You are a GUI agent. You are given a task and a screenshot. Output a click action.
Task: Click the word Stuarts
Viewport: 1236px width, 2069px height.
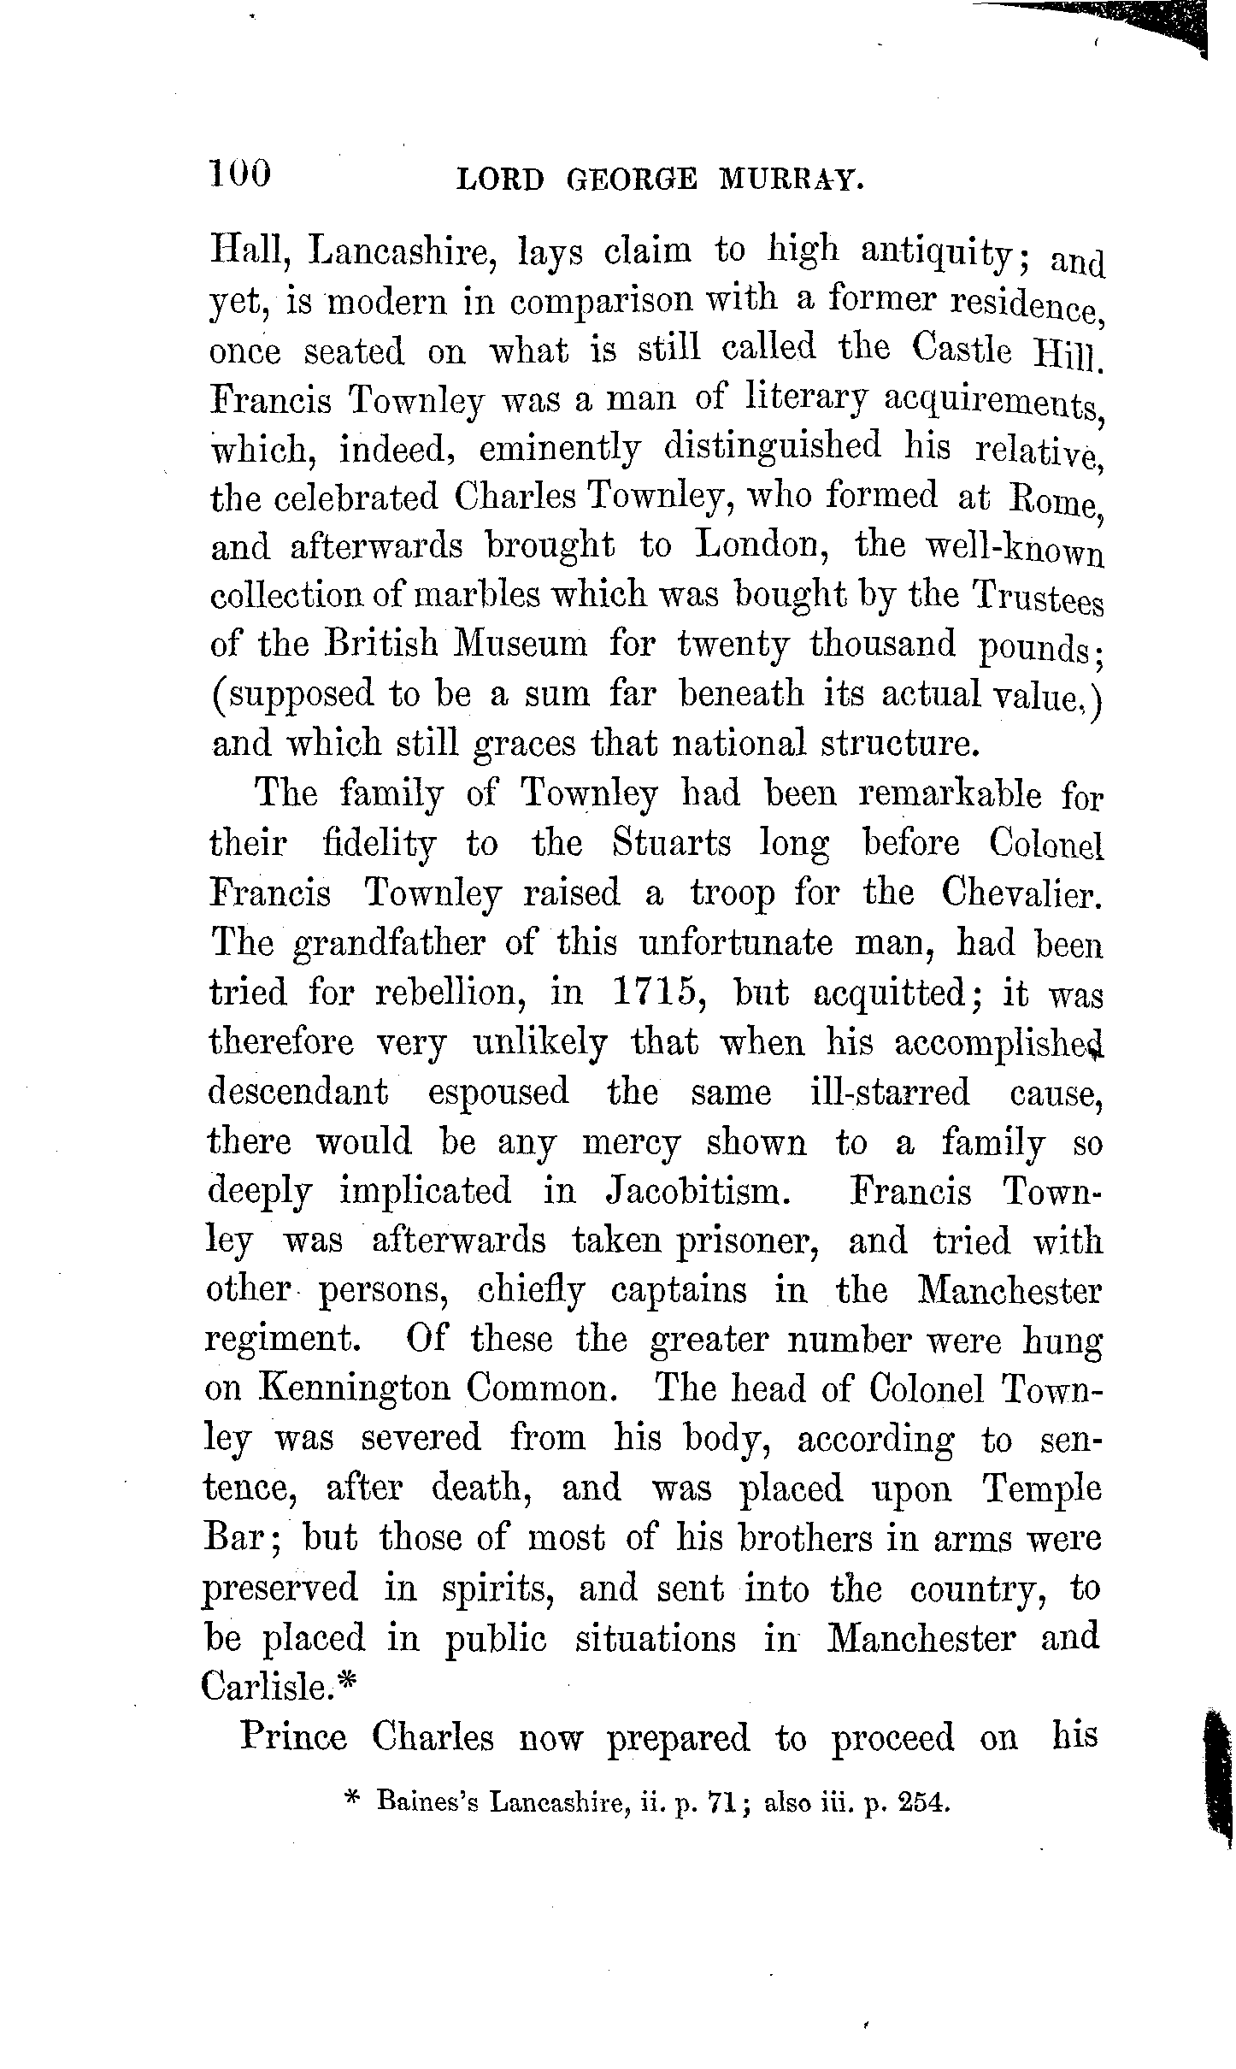[x=672, y=845]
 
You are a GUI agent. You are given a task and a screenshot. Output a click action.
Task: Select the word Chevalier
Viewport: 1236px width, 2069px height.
[x=1021, y=894]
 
